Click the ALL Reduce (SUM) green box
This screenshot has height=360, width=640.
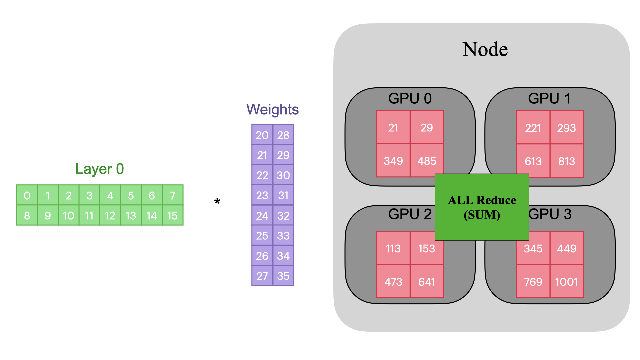(x=482, y=207)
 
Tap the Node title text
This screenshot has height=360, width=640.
(x=485, y=49)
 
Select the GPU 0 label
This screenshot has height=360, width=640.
(x=410, y=99)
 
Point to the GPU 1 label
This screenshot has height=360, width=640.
(x=549, y=99)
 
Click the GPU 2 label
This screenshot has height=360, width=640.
(x=410, y=214)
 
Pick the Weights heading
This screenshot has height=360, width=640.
(x=272, y=110)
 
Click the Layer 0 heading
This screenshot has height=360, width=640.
(x=99, y=169)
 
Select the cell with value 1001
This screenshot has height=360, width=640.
(x=566, y=282)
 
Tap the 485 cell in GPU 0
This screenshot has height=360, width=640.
(x=427, y=161)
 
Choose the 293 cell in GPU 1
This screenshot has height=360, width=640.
(x=566, y=128)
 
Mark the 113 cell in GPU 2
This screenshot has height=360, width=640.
(x=393, y=248)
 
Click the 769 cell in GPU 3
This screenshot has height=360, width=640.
(x=533, y=282)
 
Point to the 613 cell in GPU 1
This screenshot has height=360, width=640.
(x=533, y=161)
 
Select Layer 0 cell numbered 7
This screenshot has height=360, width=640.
(x=172, y=195)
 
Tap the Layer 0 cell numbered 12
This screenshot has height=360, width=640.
(x=110, y=216)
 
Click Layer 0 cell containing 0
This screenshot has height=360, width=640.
(x=27, y=195)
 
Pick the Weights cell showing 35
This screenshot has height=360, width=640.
(x=283, y=276)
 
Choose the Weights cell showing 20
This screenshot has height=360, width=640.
(x=262, y=135)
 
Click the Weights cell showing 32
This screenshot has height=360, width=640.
(x=283, y=216)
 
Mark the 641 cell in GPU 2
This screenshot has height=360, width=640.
(x=427, y=282)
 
